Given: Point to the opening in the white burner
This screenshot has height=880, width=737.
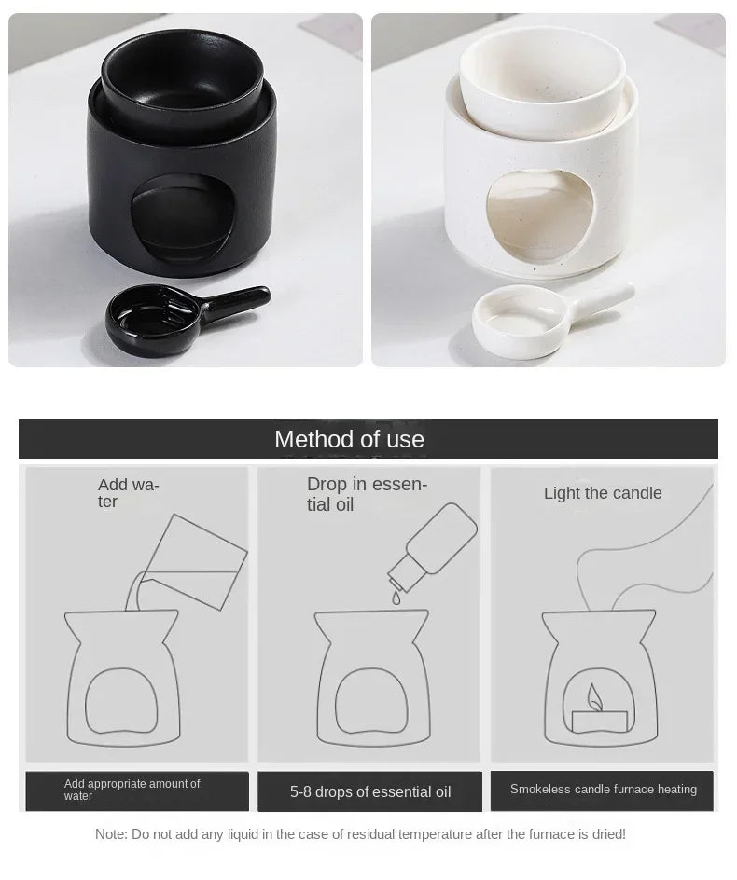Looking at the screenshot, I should pyautogui.click(x=540, y=216).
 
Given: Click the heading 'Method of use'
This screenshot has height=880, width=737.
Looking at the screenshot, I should pyautogui.click(x=349, y=439).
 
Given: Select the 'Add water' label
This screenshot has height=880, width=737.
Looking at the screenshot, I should pyautogui.click(x=128, y=493).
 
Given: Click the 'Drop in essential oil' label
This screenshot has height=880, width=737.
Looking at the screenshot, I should pyautogui.click(x=367, y=494).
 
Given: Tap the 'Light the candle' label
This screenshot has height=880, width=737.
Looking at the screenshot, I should pyautogui.click(x=603, y=493).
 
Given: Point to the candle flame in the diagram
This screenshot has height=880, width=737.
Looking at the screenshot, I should pyautogui.click(x=594, y=696).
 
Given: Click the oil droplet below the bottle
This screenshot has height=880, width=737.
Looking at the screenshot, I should pyautogui.click(x=396, y=599).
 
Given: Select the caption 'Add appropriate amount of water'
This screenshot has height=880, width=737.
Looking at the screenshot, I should pyautogui.click(x=132, y=790).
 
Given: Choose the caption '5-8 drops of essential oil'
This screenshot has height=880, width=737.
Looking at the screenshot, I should pyautogui.click(x=370, y=791).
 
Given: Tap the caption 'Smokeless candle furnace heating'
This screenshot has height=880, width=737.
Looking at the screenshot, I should pyautogui.click(x=603, y=790).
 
